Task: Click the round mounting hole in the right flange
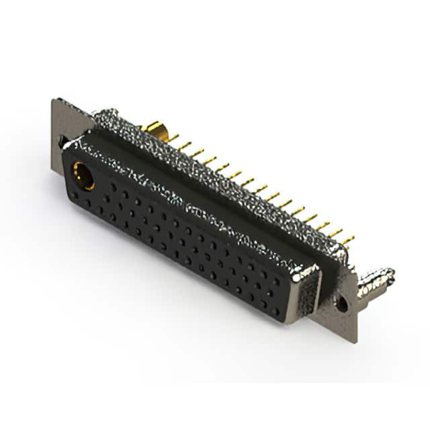pyautogui.click(x=341, y=304)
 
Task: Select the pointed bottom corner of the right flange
pyautogui.click(x=349, y=343)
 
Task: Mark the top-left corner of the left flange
pyautogui.click(x=54, y=101)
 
